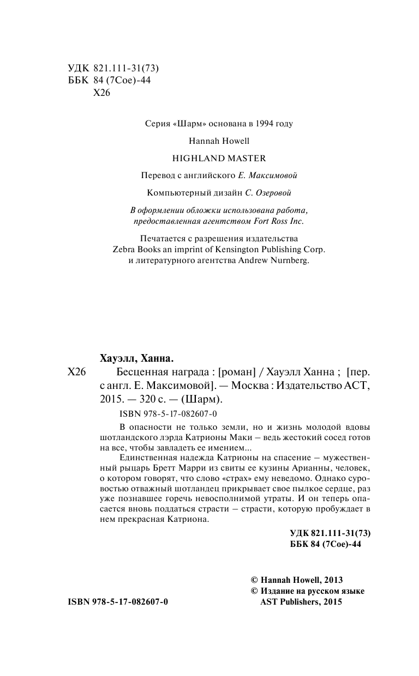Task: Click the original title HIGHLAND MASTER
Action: click(x=219, y=159)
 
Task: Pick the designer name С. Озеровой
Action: click(x=269, y=192)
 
